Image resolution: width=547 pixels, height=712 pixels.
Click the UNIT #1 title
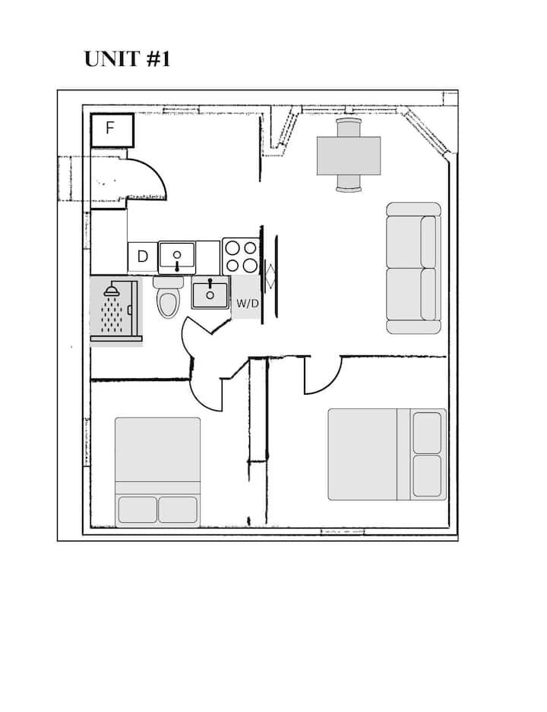pos(127,59)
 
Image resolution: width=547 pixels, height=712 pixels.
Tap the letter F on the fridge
pos(109,128)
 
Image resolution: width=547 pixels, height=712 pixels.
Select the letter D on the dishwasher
pos(143,257)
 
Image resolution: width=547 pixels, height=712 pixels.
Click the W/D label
pos(247,304)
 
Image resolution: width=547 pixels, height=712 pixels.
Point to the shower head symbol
pos(112,290)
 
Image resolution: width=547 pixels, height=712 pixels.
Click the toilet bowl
pos(168,304)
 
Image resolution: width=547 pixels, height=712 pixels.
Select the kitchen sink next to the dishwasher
pos(177,257)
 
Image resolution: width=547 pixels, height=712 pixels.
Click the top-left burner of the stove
pos(232,248)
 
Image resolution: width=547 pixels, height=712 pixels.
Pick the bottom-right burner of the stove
pos(250,265)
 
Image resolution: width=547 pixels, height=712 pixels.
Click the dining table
pos(349,156)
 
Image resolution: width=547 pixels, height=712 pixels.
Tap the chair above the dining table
pos(349,128)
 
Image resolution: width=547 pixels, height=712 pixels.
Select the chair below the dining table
pos(349,183)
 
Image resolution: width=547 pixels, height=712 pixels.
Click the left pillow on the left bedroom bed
pos(138,509)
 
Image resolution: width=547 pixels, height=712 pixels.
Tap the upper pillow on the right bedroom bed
pos(427,433)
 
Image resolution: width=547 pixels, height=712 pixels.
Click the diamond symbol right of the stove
pos(270,277)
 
